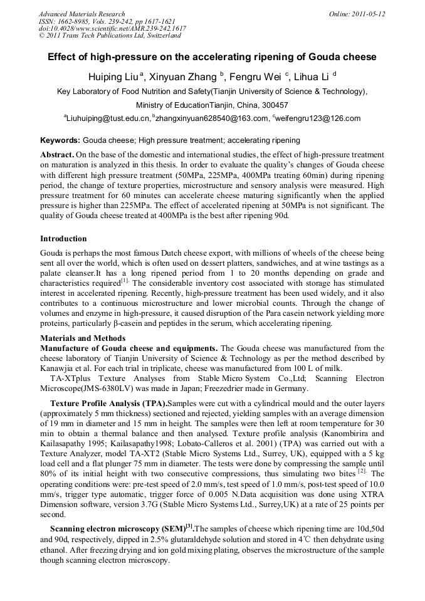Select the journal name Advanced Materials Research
coord(81,14)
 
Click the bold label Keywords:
coord(60,140)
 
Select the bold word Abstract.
coord(58,154)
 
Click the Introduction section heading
coord(63,239)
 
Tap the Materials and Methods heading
coord(83,338)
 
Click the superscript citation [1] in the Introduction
coord(125,282)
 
